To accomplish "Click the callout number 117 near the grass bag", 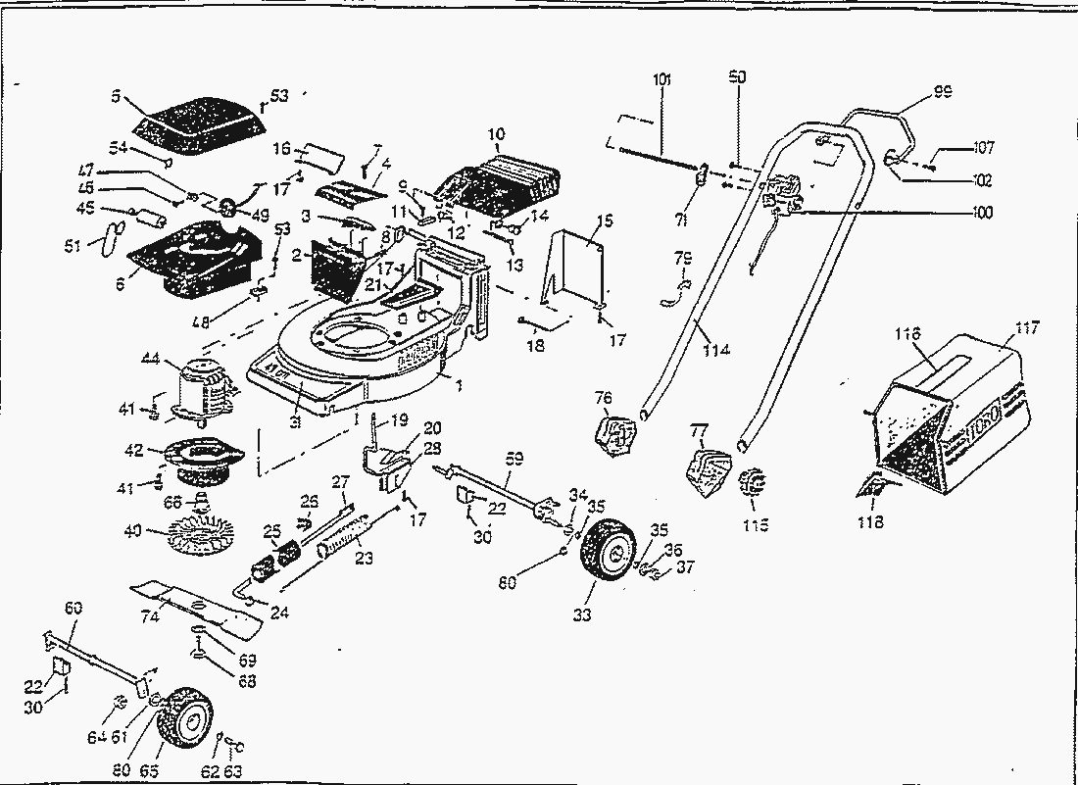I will [x=1026, y=328].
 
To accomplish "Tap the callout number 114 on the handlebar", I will [x=716, y=350].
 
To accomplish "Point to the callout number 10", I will [x=496, y=133].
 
